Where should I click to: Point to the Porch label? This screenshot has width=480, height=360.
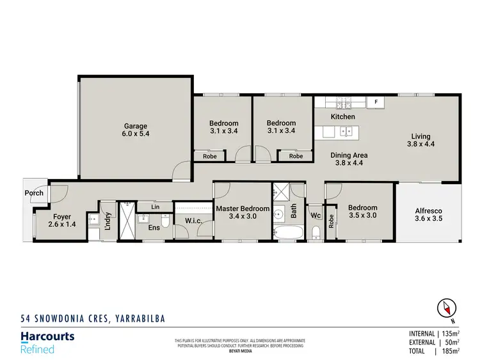[34, 193]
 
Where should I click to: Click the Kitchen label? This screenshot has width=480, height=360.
[342, 117]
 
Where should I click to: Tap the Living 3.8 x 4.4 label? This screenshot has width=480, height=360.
[420, 141]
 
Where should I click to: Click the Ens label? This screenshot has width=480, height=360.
[154, 227]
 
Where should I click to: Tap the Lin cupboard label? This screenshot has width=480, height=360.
[155, 207]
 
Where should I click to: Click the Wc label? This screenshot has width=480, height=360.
[316, 215]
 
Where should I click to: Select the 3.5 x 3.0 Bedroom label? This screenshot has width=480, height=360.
[362, 212]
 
